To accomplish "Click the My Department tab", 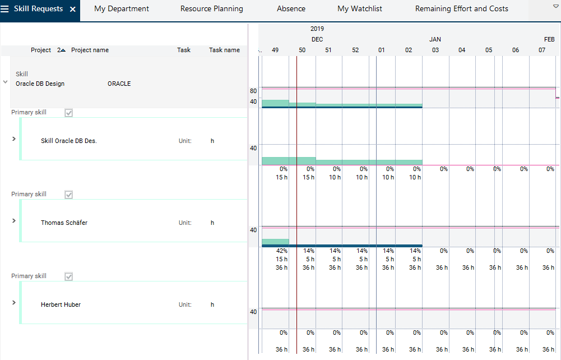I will coord(122,9).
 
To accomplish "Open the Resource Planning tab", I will coord(212,9).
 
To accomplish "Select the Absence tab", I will coord(291,9).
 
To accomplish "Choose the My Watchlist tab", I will coord(359,9).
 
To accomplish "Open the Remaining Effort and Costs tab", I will coord(462,9).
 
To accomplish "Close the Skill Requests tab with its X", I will coord(73,10).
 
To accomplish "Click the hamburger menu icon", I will coord(5,9).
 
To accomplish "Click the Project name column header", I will coord(90,50).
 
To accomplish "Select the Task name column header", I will coord(224,50).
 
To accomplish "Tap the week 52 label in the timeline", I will coord(355,50).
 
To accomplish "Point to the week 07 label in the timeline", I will coord(542,50).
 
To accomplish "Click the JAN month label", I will coord(435,39).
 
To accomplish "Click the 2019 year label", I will coord(317,29).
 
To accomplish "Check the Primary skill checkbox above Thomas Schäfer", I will coord(69,195).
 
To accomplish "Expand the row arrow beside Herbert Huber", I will coord(13,302).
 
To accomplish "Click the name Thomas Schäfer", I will coord(64,223).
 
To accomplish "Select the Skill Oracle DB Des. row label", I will coord(69,141).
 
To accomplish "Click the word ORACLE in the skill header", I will coord(119,84).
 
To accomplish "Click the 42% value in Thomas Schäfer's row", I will coord(282,251).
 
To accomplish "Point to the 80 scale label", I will coord(253,91).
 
